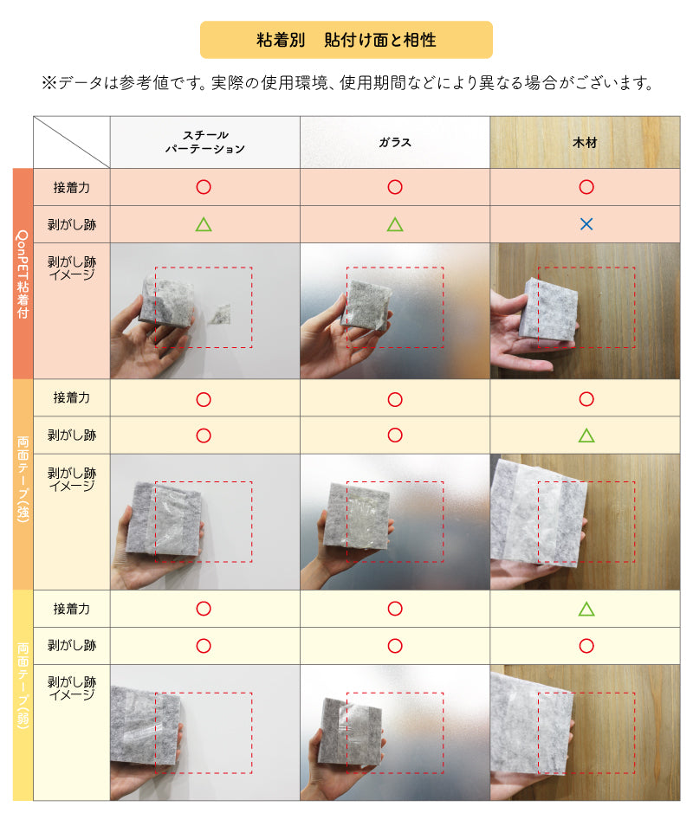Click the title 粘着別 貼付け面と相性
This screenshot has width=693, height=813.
pyautogui.click(x=346, y=40)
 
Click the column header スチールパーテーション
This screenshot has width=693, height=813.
pyautogui.click(x=205, y=142)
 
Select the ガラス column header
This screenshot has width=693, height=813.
pyautogui.click(x=395, y=143)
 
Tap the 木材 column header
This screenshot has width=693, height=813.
pyautogui.click(x=585, y=143)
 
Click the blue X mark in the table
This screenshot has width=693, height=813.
pyautogui.click(x=586, y=224)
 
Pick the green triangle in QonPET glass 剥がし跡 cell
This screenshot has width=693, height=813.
pyautogui.click(x=395, y=224)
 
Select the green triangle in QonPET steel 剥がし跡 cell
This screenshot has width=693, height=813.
pyautogui.click(x=204, y=224)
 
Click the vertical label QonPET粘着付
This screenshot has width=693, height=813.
pyautogui.click(x=23, y=274)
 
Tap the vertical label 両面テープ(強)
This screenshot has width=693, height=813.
pyautogui.click(x=23, y=479)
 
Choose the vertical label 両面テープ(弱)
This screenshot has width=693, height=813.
pyautogui.click(x=23, y=686)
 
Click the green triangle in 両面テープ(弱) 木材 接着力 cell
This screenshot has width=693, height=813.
pyautogui.click(x=586, y=609)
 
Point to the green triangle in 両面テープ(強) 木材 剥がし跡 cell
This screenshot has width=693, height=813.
pyautogui.click(x=586, y=435)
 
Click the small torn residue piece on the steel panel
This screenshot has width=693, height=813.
pyautogui.click(x=220, y=314)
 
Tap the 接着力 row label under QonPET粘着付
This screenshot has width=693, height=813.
pyautogui.click(x=72, y=187)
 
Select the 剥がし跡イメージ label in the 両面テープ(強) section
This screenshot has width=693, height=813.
pyautogui.click(x=72, y=479)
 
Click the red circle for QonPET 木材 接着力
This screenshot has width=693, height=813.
pyautogui.click(x=586, y=187)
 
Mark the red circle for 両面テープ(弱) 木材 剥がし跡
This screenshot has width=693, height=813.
pyautogui.click(x=586, y=646)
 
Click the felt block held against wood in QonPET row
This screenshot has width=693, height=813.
pyautogui.click(x=549, y=309)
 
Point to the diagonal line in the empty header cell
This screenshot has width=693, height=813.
pyautogui.click(x=72, y=142)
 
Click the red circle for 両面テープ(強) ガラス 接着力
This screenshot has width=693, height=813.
pyautogui.click(x=395, y=399)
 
